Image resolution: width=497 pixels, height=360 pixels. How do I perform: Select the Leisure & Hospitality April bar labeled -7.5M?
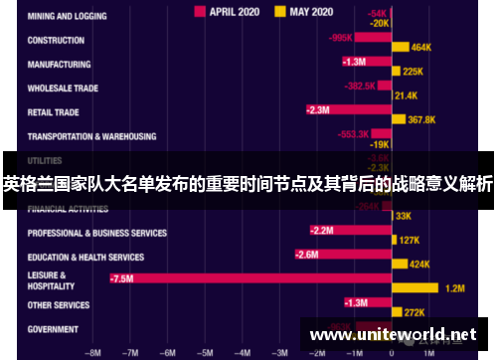248,278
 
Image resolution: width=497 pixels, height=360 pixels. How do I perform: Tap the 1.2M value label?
455,288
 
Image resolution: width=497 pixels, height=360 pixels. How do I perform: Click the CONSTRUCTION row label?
56,41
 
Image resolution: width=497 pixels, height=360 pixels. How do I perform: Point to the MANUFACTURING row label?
60,65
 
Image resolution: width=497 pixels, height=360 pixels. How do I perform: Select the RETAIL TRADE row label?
54,112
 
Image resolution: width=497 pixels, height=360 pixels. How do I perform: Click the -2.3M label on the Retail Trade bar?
318,109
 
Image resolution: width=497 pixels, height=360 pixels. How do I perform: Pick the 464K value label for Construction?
420,47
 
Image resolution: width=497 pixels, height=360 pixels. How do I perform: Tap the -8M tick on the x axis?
94,352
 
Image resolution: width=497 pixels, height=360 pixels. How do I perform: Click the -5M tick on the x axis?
205,352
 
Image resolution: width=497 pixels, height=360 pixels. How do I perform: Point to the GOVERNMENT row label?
53,329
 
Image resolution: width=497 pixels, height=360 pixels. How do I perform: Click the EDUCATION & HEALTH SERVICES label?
85,257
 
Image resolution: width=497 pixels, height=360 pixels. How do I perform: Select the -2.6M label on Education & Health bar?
307,255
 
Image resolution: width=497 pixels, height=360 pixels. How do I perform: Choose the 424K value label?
419,265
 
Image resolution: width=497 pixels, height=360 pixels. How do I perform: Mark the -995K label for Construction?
341,38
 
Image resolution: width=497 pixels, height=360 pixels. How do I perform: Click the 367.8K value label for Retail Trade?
422,119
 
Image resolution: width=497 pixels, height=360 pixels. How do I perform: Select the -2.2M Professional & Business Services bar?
348,230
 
